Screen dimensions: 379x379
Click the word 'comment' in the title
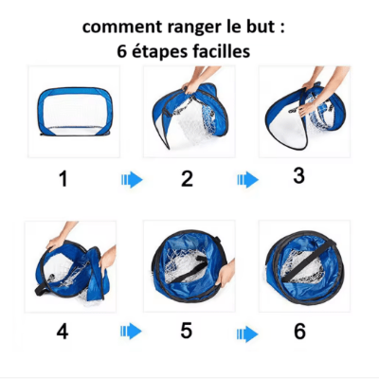coord(121,27)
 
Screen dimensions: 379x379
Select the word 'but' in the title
coord(267,27)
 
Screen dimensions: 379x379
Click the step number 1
coord(63,178)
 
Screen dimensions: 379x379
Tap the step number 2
coord(187,178)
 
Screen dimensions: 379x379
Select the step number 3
coord(299,175)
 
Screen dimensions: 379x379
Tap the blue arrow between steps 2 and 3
coord(247,179)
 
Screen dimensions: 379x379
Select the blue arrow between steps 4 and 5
coord(131,331)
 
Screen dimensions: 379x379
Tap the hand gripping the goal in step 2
coord(194,87)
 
